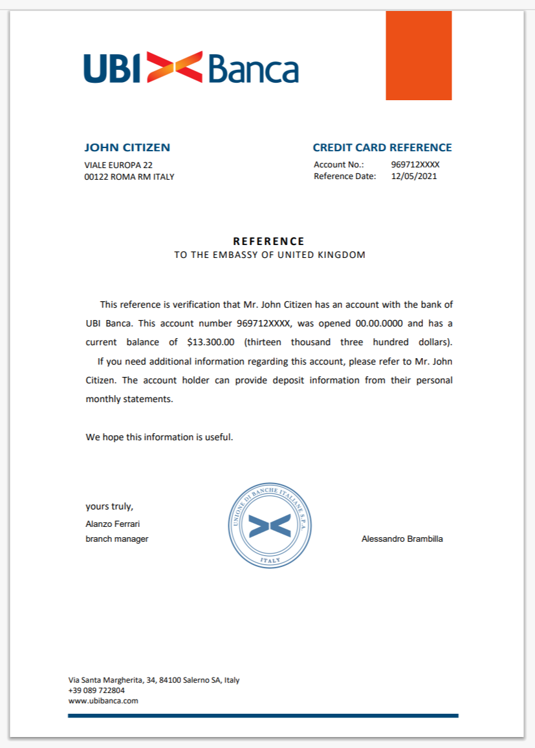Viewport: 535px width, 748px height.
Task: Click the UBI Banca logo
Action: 191,67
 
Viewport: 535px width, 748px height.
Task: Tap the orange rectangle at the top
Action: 419,56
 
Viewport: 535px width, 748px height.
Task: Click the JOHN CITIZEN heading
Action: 127,147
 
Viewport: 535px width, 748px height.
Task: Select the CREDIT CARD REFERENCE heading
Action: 382,147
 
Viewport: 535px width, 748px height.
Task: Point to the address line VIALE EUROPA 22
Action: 118,165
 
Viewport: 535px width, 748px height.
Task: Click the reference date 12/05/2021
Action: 414,176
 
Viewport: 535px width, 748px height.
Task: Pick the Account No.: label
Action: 339,165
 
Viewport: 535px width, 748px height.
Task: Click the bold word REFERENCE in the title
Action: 268,241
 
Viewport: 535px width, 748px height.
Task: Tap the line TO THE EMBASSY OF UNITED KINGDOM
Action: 270,255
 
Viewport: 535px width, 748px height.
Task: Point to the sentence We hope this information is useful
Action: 159,437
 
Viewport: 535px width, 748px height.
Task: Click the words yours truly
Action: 109,506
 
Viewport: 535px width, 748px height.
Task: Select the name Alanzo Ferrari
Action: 113,524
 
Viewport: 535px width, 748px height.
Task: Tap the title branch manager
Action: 117,539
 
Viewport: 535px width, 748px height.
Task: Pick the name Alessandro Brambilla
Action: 402,539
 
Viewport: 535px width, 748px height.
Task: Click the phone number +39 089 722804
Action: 96,690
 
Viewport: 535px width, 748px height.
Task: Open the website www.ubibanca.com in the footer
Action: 103,700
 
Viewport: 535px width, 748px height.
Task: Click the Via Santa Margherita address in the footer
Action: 154,680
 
